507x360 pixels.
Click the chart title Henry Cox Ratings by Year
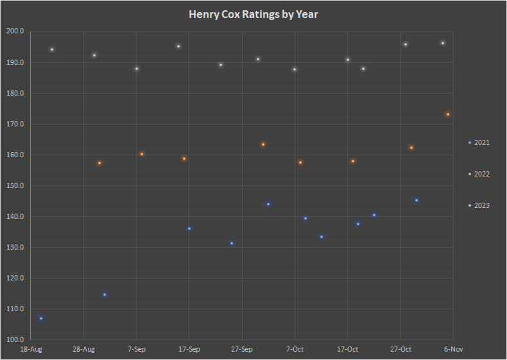pos(253,14)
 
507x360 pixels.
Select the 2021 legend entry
pos(479,142)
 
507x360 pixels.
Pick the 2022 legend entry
pos(479,174)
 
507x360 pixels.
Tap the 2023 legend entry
pos(479,205)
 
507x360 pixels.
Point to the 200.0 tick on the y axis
pos(15,31)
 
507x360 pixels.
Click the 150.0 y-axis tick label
pos(15,186)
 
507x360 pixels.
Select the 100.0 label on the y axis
pos(15,340)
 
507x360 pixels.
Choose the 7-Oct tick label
pos(295,349)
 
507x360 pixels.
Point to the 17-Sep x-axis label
pos(189,349)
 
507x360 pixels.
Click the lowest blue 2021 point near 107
pos(41,318)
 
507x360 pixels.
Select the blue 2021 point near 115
pos(105,295)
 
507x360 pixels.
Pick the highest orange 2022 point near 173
pos(448,114)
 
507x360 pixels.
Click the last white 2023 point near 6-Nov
pos(443,43)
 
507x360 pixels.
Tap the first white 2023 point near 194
pos(52,49)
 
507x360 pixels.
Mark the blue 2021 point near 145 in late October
pos(417,200)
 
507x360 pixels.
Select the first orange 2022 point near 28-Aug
pos(99,163)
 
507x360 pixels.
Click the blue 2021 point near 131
pos(232,243)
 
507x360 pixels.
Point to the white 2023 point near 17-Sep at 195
pos(178,46)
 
